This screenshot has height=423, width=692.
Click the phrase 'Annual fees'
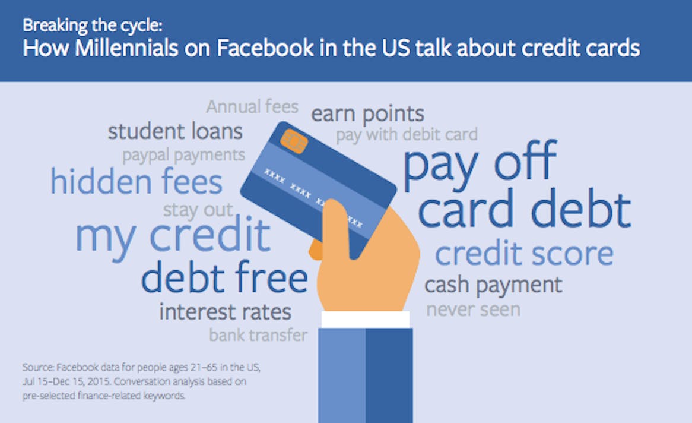[252, 106]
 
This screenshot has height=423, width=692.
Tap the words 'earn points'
[367, 114]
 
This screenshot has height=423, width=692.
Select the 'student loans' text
[175, 131]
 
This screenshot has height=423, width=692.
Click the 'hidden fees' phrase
[137, 181]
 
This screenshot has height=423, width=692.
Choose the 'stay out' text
[198, 210]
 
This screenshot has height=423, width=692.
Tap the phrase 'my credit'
[173, 236]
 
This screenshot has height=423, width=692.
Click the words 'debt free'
[225, 277]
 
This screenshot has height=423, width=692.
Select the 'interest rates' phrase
[225, 312]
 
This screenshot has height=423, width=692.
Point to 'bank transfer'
[258, 335]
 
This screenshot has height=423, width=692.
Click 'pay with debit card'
[407, 135]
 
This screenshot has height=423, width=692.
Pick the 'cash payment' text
[493, 285]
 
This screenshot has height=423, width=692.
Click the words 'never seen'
[473, 310]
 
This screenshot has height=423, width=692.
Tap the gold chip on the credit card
[294, 141]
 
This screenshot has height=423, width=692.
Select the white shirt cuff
[366, 319]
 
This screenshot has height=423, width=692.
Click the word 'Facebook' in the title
[265, 48]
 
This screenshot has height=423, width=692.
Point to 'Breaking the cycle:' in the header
[92, 26]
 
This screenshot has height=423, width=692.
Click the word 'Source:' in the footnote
[39, 367]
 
